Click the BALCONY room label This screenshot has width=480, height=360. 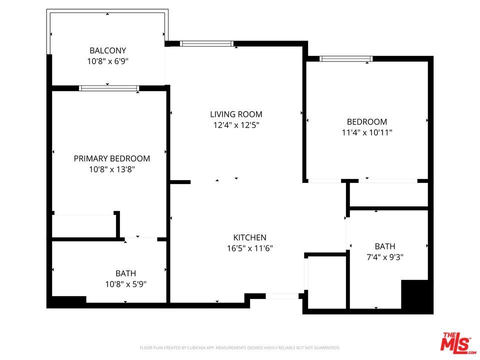[x=108, y=50]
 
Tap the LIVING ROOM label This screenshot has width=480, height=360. [x=236, y=114]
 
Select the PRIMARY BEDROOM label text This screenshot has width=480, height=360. [x=111, y=158]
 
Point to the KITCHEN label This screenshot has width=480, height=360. [x=250, y=237]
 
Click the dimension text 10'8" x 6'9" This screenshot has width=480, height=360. [x=108, y=61]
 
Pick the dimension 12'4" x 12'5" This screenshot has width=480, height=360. [x=236, y=125]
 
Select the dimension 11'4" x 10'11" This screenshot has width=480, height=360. [x=367, y=132]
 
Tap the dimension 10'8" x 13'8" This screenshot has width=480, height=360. [x=112, y=169]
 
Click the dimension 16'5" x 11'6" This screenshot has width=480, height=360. [x=250, y=248]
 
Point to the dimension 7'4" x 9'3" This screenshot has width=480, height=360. [x=385, y=257]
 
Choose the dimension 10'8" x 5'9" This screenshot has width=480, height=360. [x=126, y=284]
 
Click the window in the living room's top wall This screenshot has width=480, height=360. [x=206, y=43]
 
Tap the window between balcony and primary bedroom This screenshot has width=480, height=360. [x=109, y=88]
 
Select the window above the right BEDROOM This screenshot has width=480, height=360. [x=346, y=59]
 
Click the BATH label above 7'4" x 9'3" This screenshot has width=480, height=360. [x=385, y=246]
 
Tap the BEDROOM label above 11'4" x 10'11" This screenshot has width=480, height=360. [x=367, y=122]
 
